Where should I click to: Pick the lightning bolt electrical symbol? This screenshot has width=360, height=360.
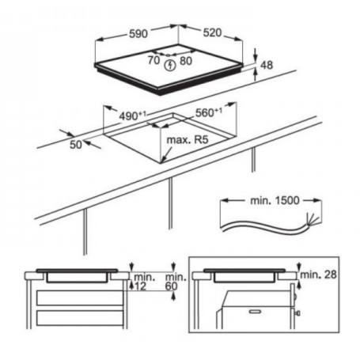170,63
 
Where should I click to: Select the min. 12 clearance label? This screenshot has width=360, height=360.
143,283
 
